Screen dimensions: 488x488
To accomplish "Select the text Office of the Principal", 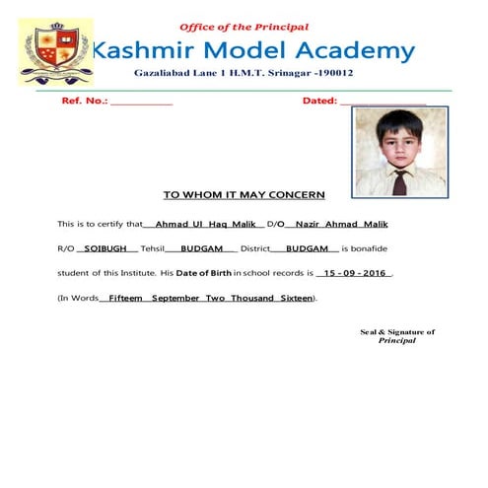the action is coord(244,27).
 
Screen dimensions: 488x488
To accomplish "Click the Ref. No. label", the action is coord(84,102).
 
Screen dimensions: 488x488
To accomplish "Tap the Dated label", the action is coord(319,102).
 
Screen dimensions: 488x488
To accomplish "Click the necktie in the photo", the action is coord(400,181).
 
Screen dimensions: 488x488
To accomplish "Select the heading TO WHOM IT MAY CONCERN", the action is coord(244,195).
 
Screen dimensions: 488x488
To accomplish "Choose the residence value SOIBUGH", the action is coord(103,247).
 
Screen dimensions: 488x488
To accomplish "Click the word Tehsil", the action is coord(153,247).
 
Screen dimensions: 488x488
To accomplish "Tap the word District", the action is coord(253,247).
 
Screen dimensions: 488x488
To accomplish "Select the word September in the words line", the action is coord(177,297).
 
